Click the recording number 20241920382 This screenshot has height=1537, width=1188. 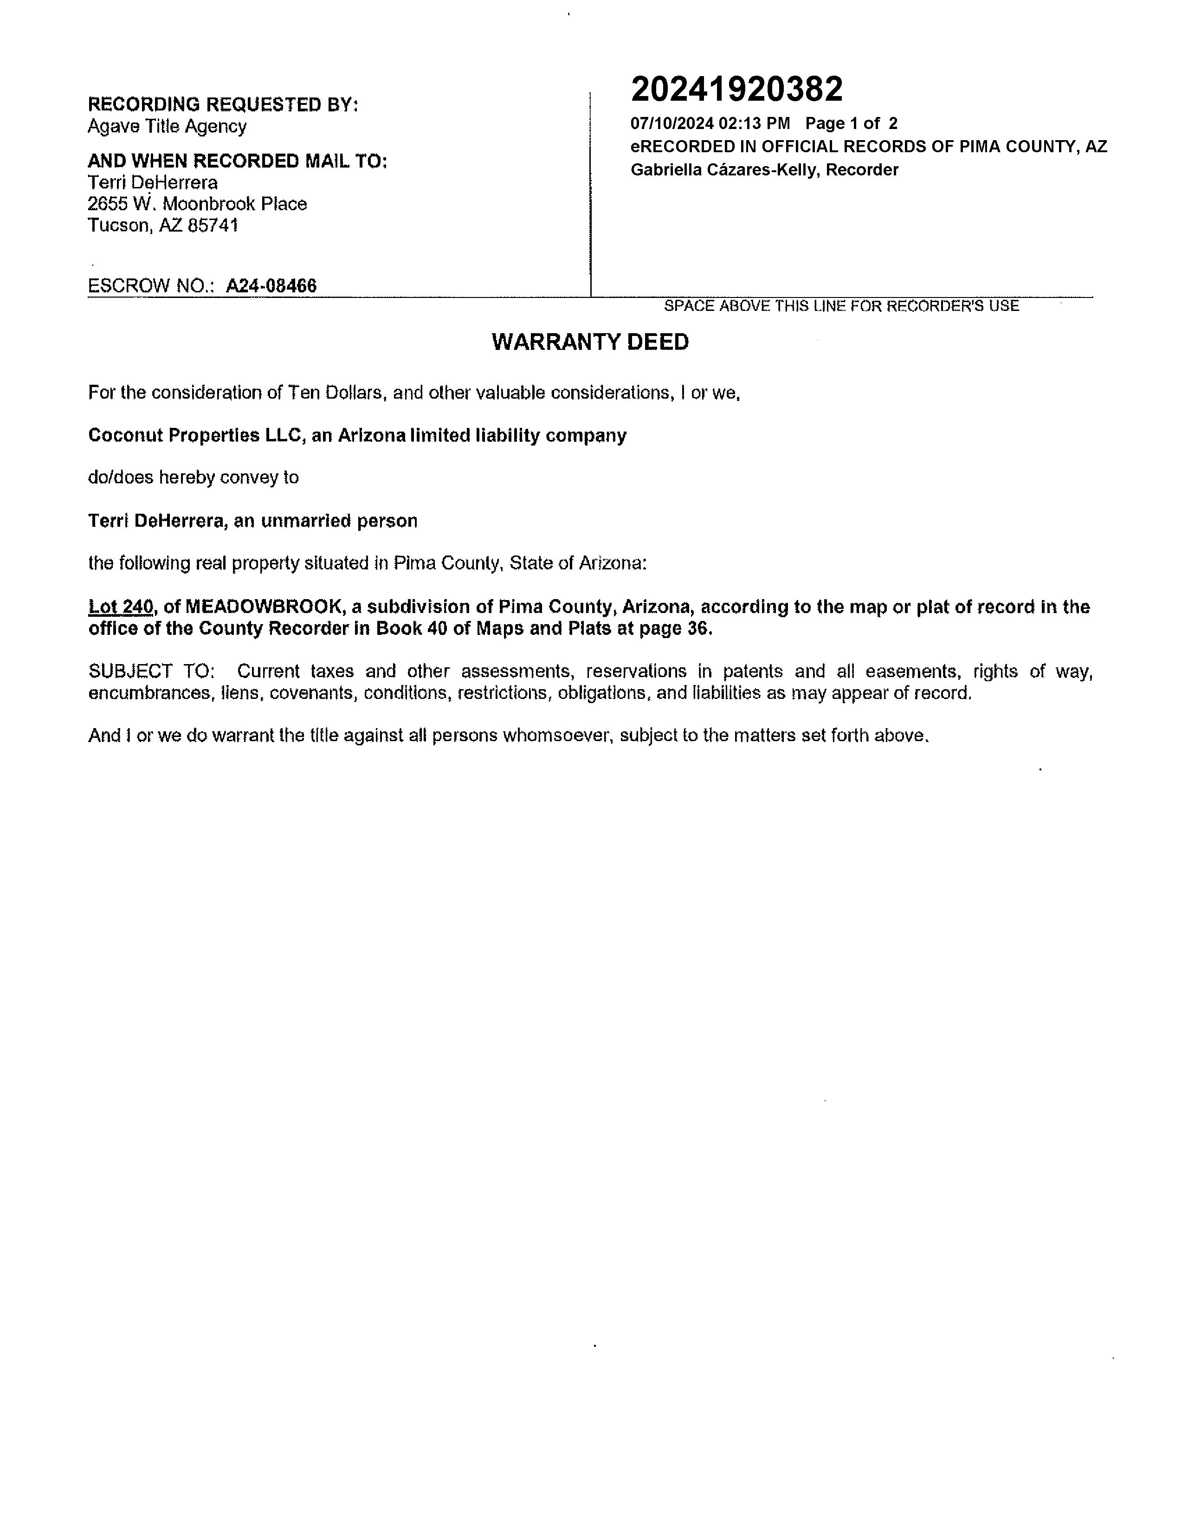pyautogui.click(x=736, y=90)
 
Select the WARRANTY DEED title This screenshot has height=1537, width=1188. pyautogui.click(x=590, y=342)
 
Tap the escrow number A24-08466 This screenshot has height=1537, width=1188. pyautogui.click(x=271, y=286)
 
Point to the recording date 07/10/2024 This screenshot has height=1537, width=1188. pyautogui.click(x=671, y=124)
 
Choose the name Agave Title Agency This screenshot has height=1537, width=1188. pyautogui.click(x=167, y=127)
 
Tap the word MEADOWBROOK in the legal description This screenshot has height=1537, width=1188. pyautogui.click(x=263, y=607)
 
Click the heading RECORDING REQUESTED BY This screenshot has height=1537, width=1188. pyautogui.click(x=222, y=105)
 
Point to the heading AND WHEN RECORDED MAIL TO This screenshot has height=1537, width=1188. pyautogui.click(x=237, y=161)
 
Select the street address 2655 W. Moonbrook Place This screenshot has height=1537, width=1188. pyautogui.click(x=197, y=204)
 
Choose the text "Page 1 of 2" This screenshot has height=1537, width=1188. pyautogui.click(x=851, y=124)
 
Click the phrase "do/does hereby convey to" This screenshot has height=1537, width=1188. pyautogui.click(x=194, y=478)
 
